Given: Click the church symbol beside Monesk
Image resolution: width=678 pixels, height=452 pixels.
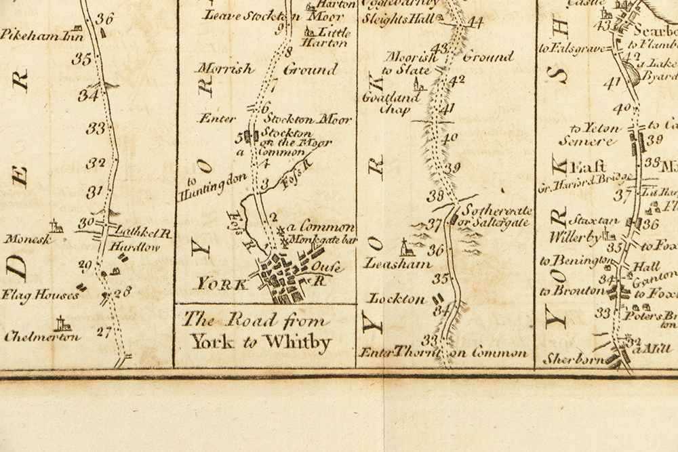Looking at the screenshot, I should tap(56, 226).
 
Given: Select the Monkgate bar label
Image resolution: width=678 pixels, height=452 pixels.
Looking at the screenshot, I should tap(323, 241).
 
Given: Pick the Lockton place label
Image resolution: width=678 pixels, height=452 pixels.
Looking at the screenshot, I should tap(396, 299).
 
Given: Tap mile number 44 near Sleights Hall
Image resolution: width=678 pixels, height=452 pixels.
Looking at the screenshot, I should tap(475, 22).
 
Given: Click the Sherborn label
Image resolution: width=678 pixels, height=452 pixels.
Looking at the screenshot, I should tap(573, 359).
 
